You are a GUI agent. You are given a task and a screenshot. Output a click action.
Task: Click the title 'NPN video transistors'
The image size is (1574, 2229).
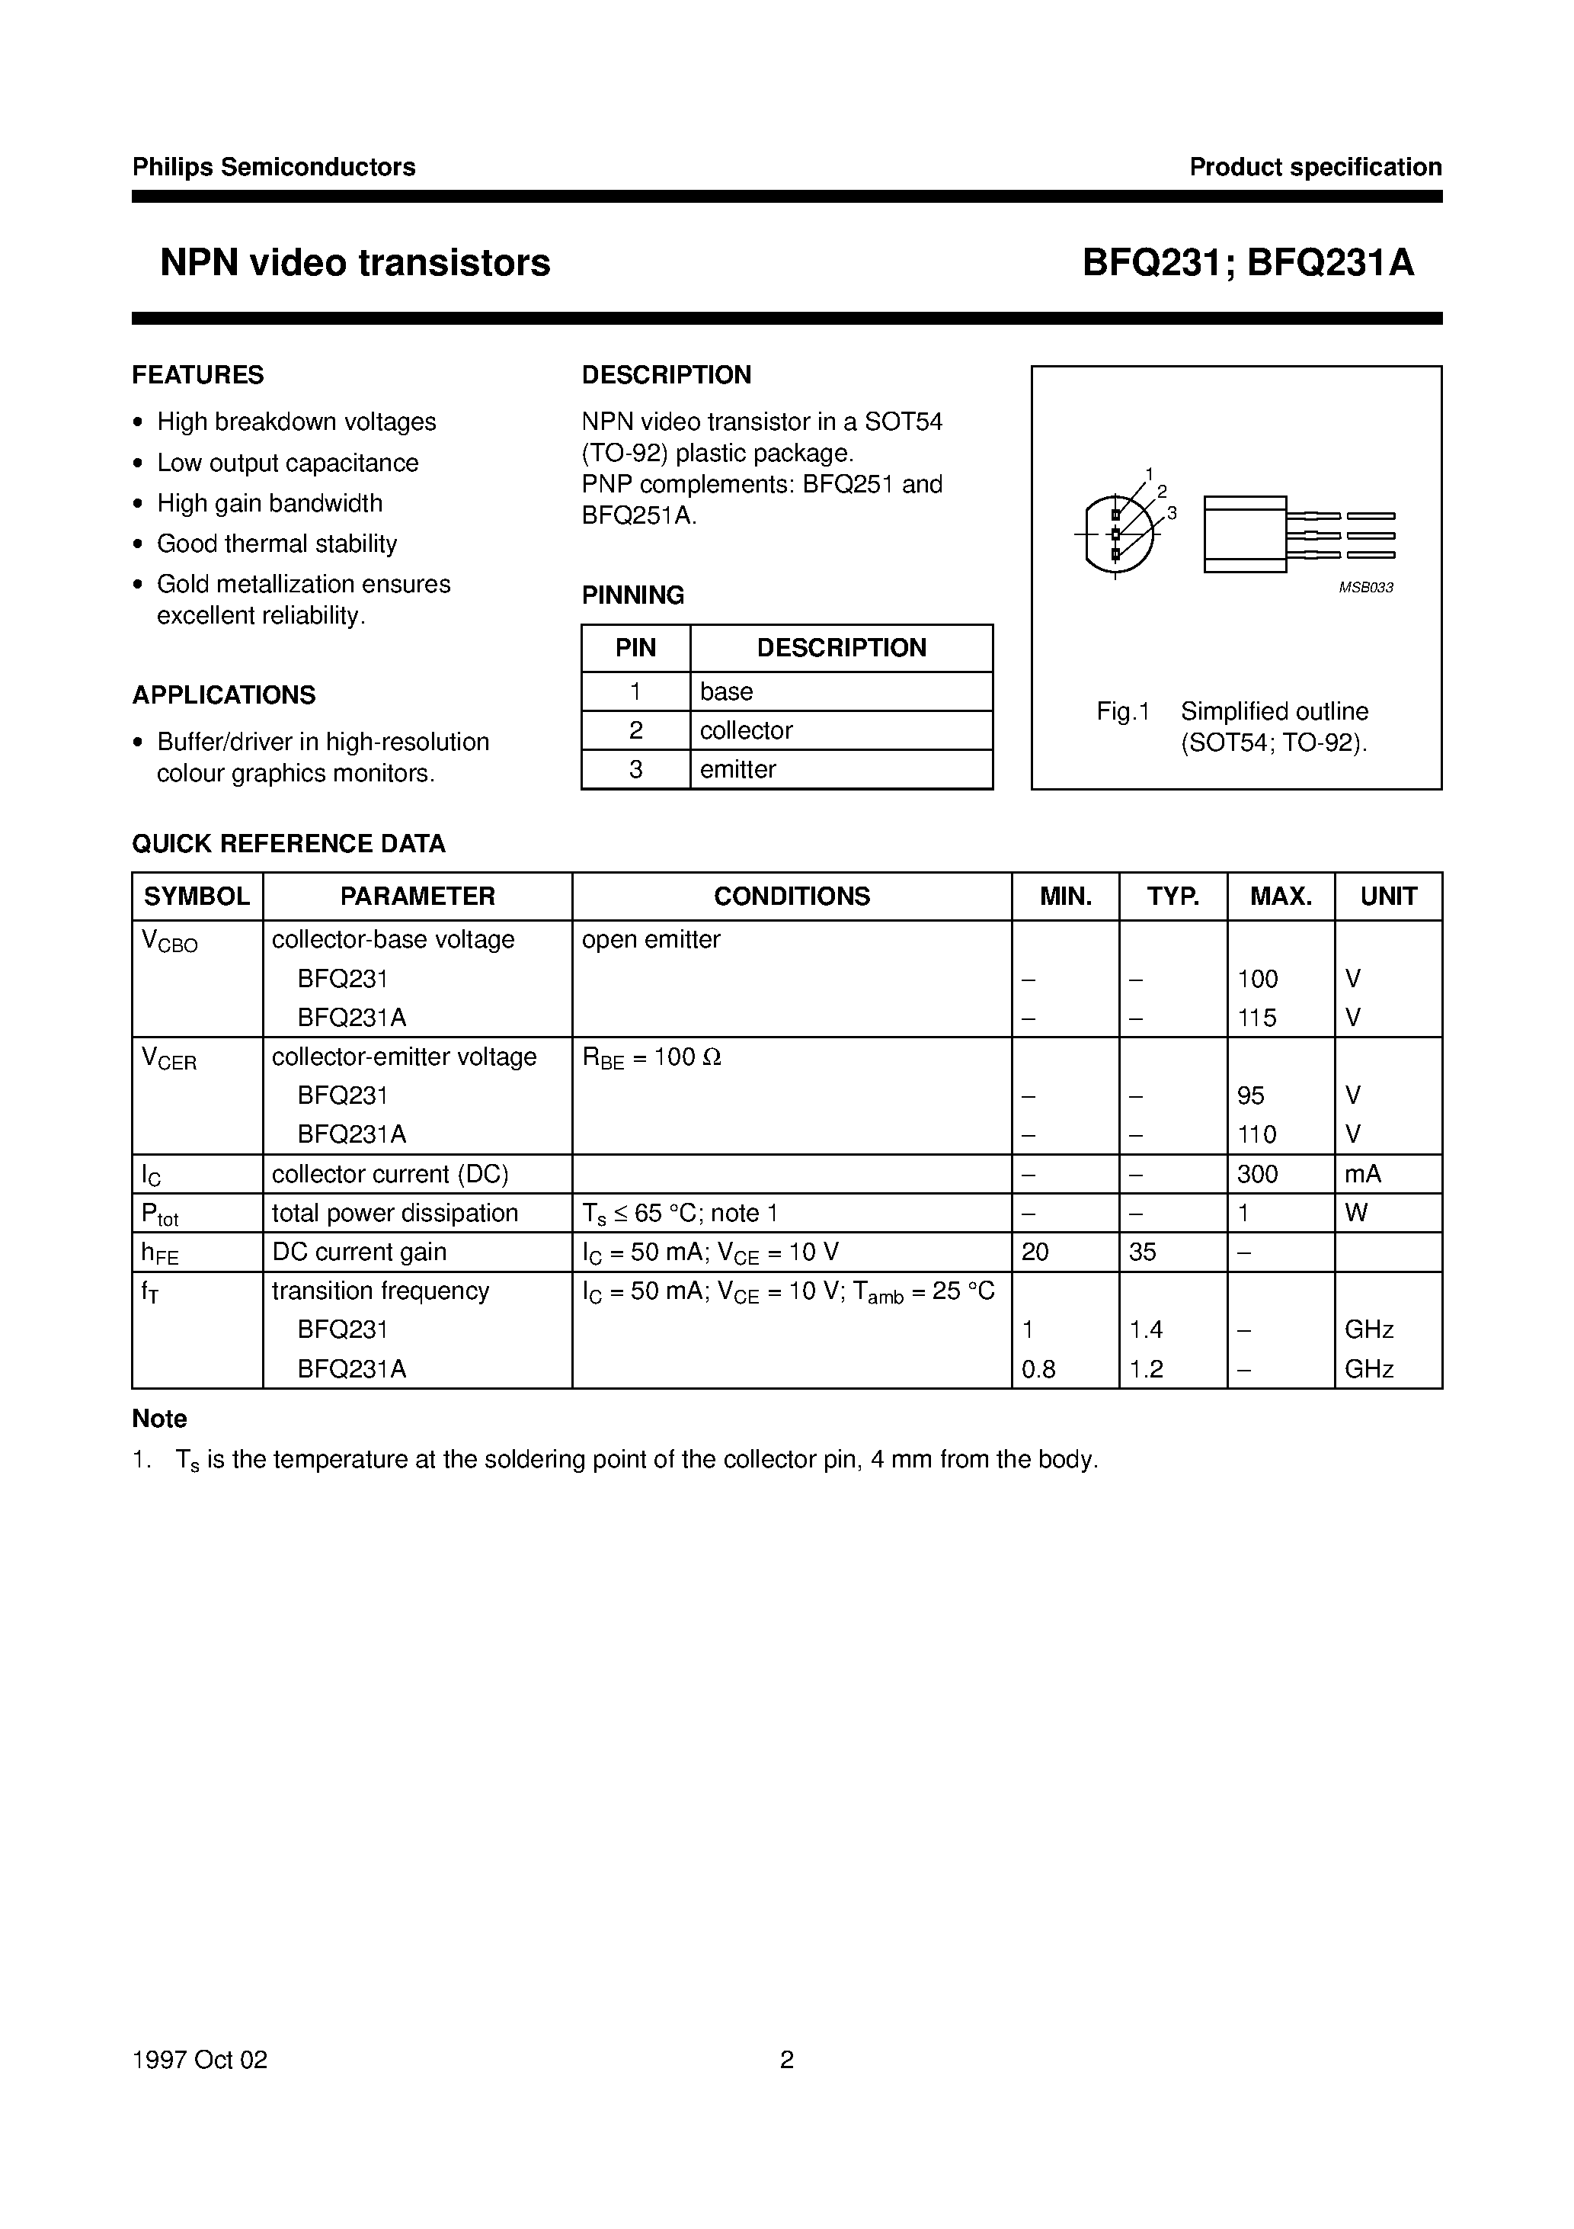point(355,263)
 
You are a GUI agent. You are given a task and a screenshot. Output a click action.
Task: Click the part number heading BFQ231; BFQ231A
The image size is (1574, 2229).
point(1248,263)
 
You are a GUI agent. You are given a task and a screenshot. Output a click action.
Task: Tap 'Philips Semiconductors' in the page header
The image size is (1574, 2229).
point(274,167)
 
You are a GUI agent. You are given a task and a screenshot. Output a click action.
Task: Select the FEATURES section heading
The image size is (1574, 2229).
point(198,375)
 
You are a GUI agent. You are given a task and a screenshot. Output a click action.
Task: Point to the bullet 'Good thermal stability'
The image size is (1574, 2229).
point(277,544)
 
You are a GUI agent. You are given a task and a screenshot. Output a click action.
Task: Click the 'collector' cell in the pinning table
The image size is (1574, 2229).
point(747,730)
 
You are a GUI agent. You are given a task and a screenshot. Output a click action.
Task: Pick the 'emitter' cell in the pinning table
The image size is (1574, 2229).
point(737,769)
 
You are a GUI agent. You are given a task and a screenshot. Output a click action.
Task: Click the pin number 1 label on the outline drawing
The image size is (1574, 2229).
point(1149,473)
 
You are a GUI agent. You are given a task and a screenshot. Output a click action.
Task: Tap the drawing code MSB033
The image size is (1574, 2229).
point(1365,587)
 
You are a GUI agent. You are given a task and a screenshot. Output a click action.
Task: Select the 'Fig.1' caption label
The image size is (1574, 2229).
point(1123,711)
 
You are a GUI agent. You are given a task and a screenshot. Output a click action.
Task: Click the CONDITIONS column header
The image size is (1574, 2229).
point(792,896)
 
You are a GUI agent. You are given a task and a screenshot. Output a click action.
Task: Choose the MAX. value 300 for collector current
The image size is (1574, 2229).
point(1258,1174)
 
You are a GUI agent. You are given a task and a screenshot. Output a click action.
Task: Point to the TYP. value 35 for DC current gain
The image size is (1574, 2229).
point(1142,1252)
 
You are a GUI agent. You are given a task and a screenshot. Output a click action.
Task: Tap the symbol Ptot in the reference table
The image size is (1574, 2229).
point(159,1214)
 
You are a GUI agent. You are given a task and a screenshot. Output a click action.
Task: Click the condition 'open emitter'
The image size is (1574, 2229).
point(651,940)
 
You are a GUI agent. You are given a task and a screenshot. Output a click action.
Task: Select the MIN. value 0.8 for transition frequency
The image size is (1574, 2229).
point(1038,1369)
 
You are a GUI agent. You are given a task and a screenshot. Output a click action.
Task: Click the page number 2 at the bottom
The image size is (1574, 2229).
point(787,2059)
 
